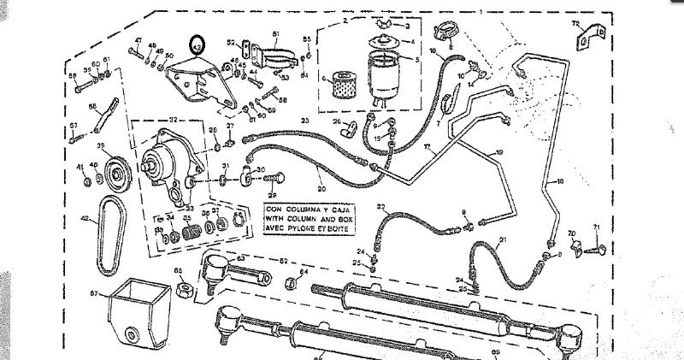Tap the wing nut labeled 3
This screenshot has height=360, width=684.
(x=383, y=26)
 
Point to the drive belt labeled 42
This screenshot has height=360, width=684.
(x=109, y=236)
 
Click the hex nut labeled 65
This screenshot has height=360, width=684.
(x=181, y=289)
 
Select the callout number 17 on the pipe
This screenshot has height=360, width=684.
(x=425, y=147)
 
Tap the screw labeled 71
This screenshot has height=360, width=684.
(x=603, y=248)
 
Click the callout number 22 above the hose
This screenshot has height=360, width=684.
(x=381, y=207)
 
